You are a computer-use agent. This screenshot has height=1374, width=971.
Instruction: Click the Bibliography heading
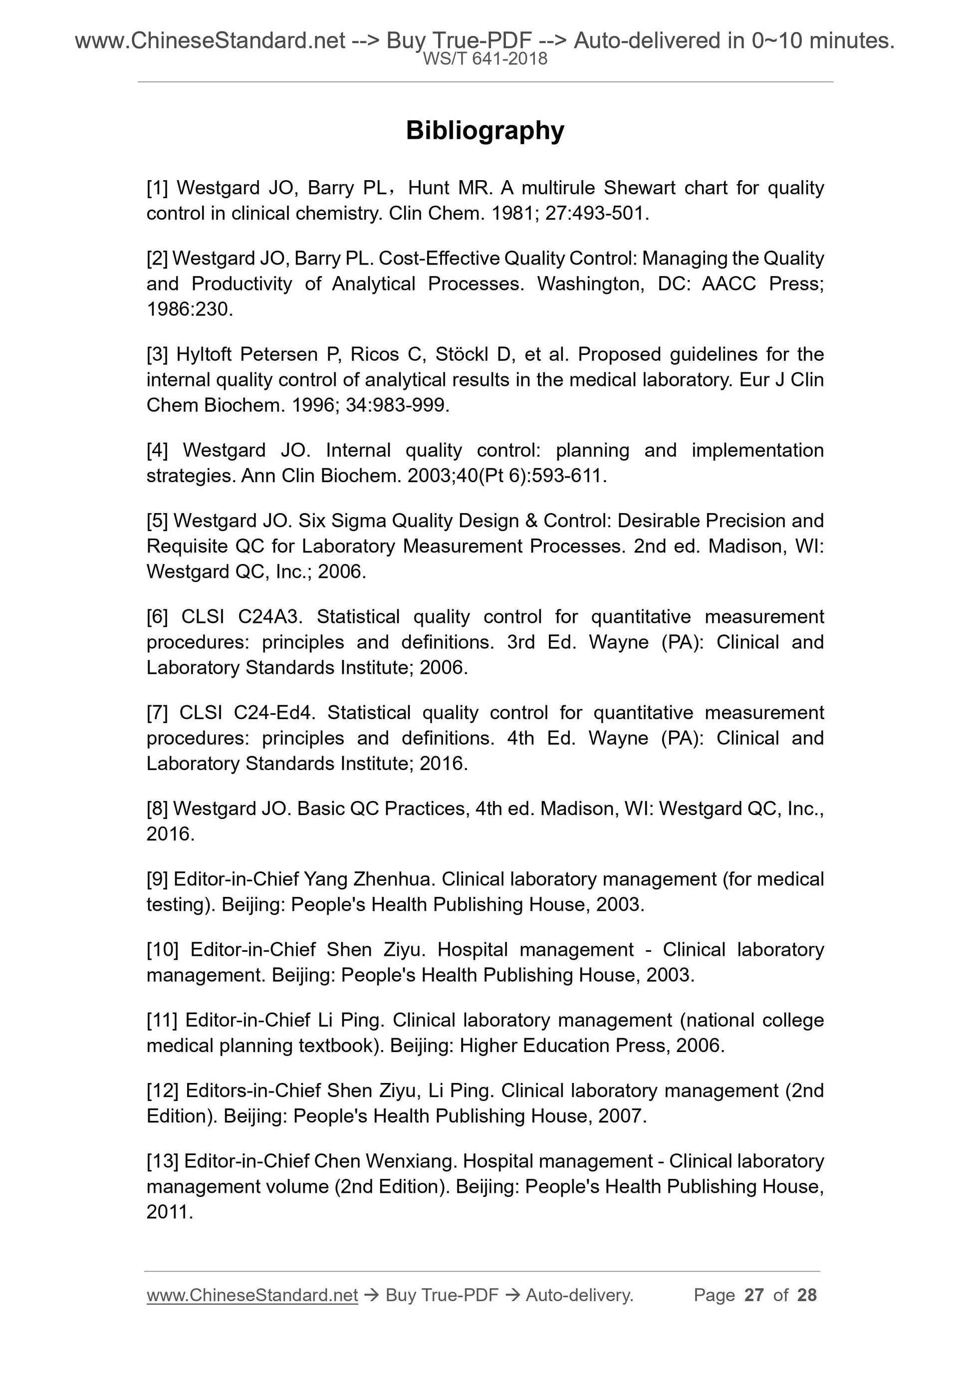click(485, 130)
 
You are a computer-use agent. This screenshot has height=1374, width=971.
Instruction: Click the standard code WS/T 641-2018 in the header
click(485, 59)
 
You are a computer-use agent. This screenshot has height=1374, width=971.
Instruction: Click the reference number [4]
click(157, 450)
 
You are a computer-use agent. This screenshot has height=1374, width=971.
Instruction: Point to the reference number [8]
click(157, 809)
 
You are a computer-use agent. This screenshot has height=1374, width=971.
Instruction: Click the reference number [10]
click(162, 950)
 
